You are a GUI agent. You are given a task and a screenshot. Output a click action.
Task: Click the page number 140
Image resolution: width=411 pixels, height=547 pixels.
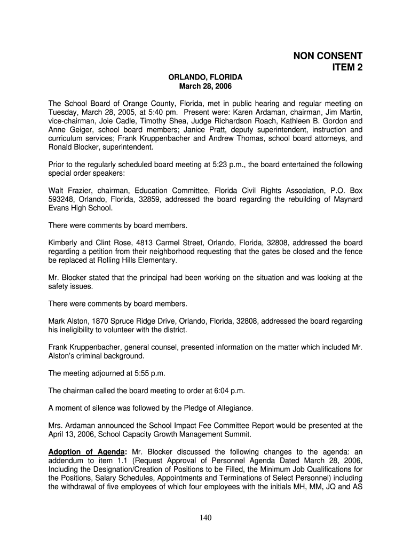pos(205,518)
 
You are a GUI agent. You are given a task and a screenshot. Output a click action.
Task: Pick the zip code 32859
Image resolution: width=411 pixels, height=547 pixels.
pos(149,199)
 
